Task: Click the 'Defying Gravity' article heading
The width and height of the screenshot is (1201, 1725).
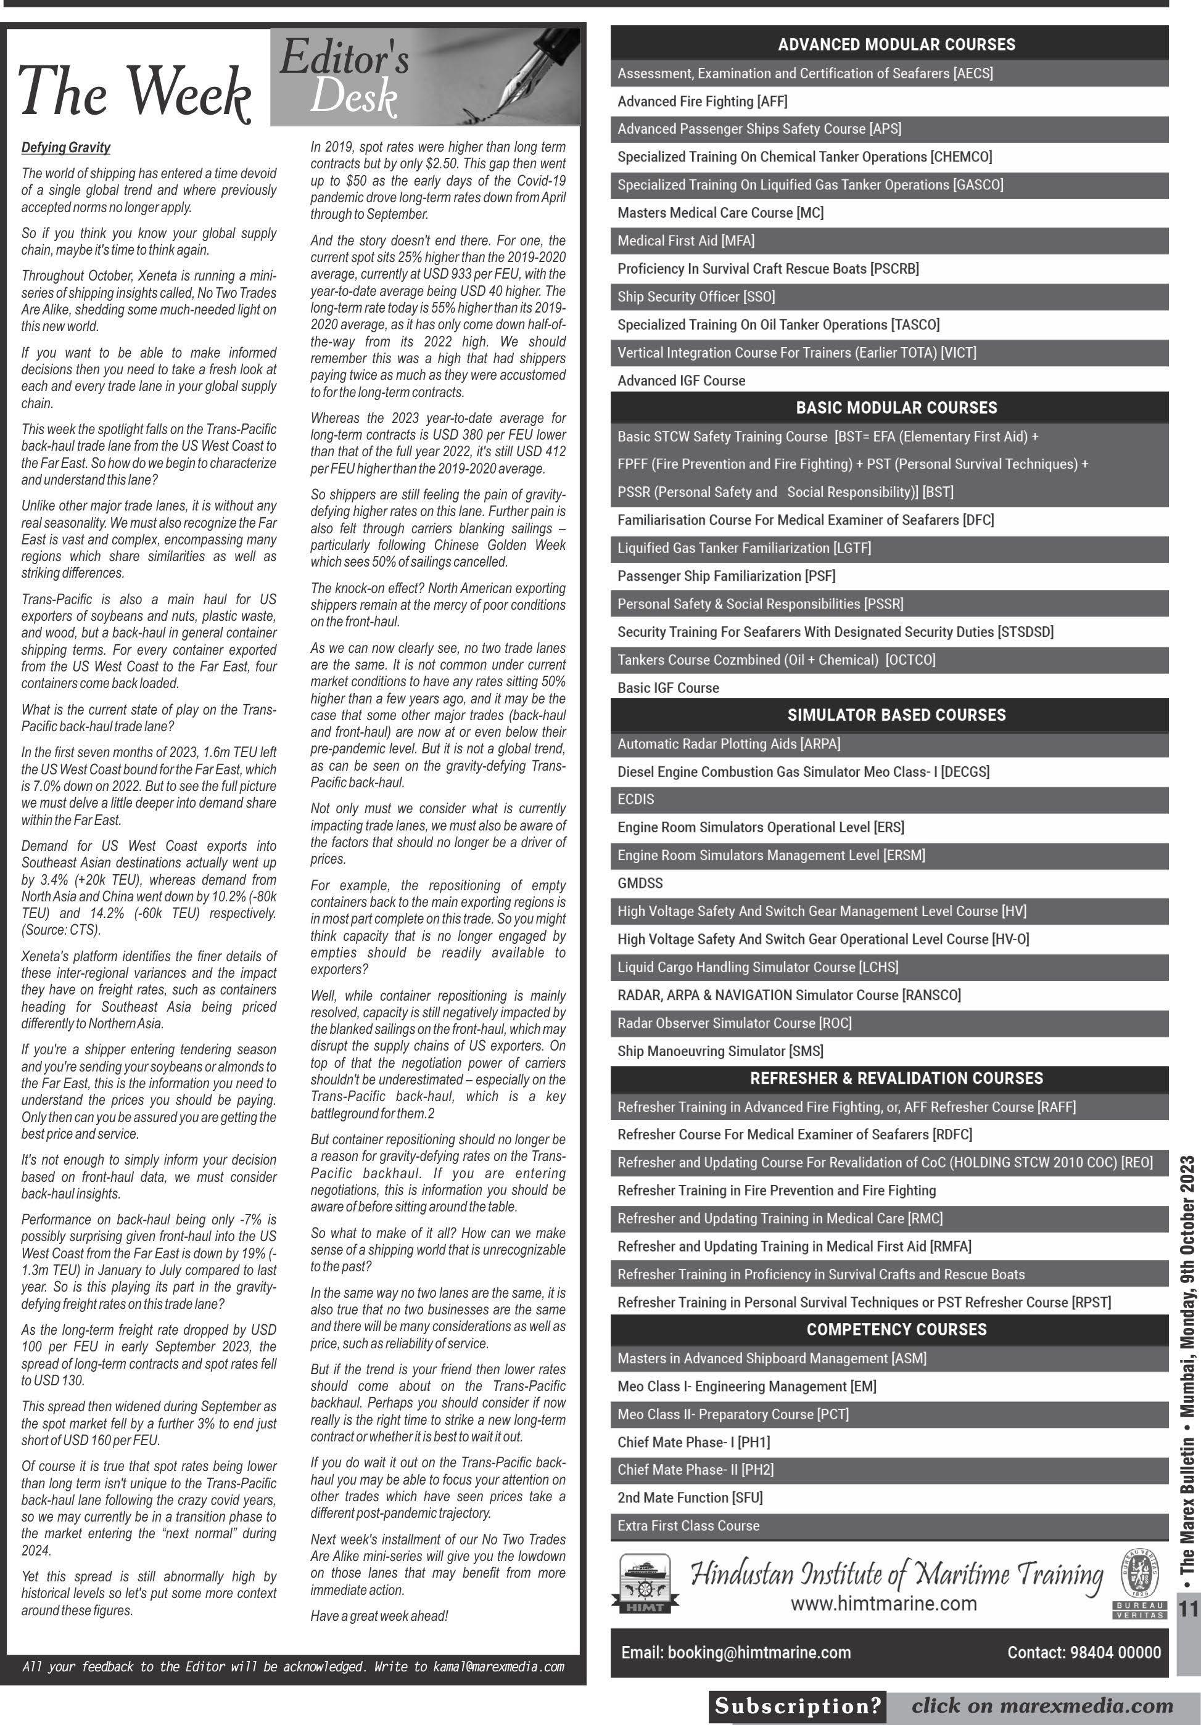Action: point(66,147)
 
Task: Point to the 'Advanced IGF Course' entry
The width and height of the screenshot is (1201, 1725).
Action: point(681,381)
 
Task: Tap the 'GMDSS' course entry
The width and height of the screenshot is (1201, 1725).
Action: point(640,883)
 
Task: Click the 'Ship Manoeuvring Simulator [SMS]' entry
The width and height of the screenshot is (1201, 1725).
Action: point(720,1051)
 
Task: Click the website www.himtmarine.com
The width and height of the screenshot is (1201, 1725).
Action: point(883,1604)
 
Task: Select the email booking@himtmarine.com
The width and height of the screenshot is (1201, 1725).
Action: point(736,1653)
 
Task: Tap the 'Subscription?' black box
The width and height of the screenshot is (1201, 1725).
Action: point(797,1707)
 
